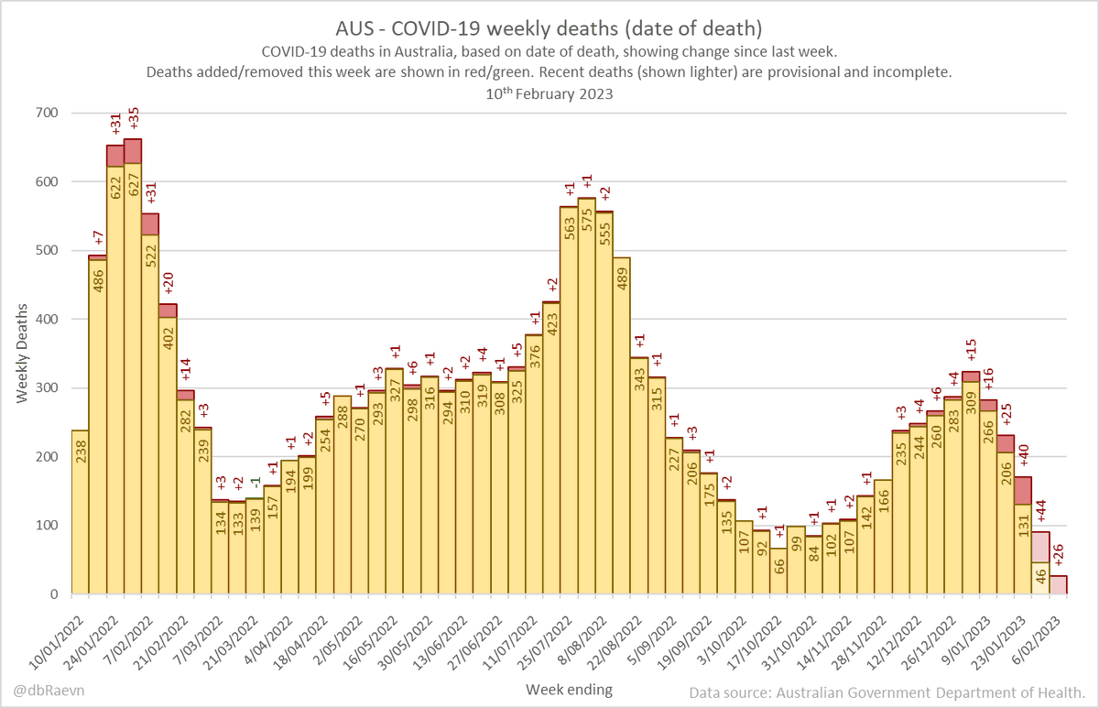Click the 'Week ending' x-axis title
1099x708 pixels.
pos(569,688)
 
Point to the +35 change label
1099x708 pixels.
pos(133,120)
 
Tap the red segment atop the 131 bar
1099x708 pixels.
pos(1023,490)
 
